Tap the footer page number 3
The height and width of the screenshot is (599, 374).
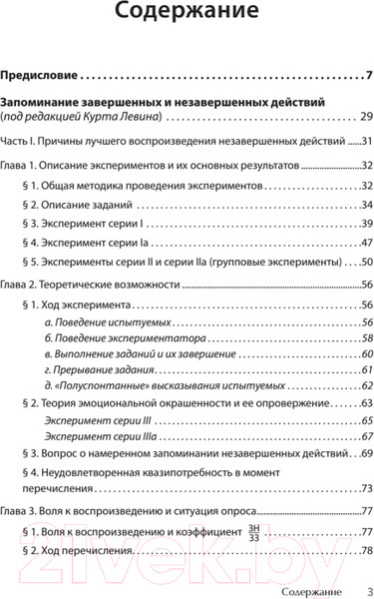pos(369,590)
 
